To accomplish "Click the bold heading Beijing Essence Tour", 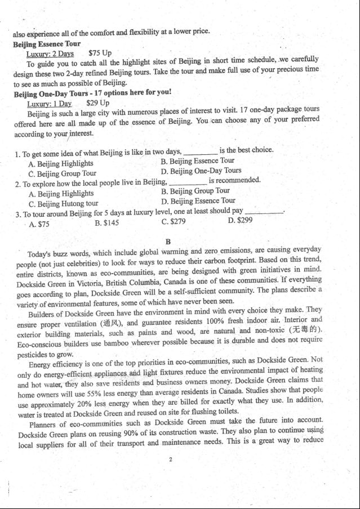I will pos(47,44).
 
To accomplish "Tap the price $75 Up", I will pos(100,53).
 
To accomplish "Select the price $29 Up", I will pos(98,103).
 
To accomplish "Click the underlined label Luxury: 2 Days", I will pos(50,54).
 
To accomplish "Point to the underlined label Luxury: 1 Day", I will pos(49,104).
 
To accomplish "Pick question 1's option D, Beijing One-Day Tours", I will pos(201,171).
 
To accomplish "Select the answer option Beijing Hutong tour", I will pos(63,203).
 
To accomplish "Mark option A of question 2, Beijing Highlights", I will pos(61,194).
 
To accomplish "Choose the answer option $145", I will pos(106,224).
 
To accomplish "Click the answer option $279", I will pos(173,221).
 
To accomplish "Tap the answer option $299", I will pos(240,220).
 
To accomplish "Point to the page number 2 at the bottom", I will pos(170,459).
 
